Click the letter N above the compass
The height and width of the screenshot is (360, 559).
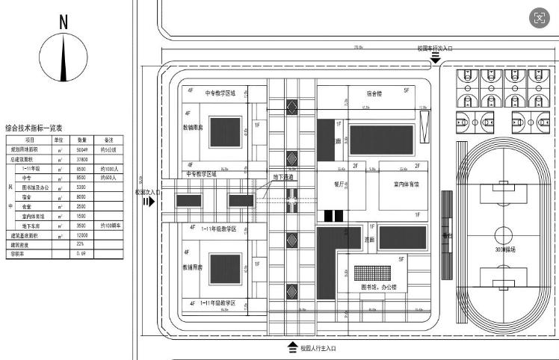[64, 22]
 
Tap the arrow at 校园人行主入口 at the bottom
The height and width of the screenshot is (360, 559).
[292, 347]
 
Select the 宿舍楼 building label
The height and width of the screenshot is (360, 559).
[374, 95]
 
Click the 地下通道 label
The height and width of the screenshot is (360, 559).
[283, 177]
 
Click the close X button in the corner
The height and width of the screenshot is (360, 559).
[538, 18]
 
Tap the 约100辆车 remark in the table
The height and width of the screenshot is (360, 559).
[111, 225]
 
